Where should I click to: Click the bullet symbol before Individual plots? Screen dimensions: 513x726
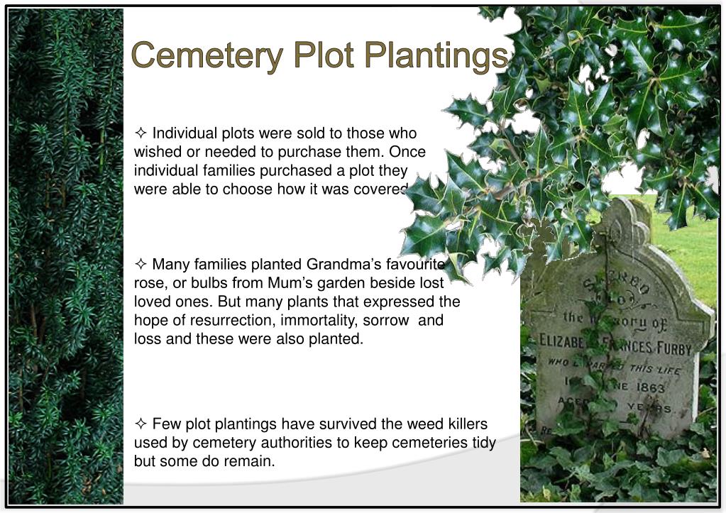click(x=141, y=133)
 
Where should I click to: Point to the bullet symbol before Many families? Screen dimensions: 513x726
click(x=141, y=265)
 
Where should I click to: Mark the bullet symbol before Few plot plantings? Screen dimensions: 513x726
click(x=141, y=424)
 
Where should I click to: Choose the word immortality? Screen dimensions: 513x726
click(x=306, y=320)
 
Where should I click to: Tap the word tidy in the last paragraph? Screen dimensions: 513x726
click(x=482, y=443)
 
